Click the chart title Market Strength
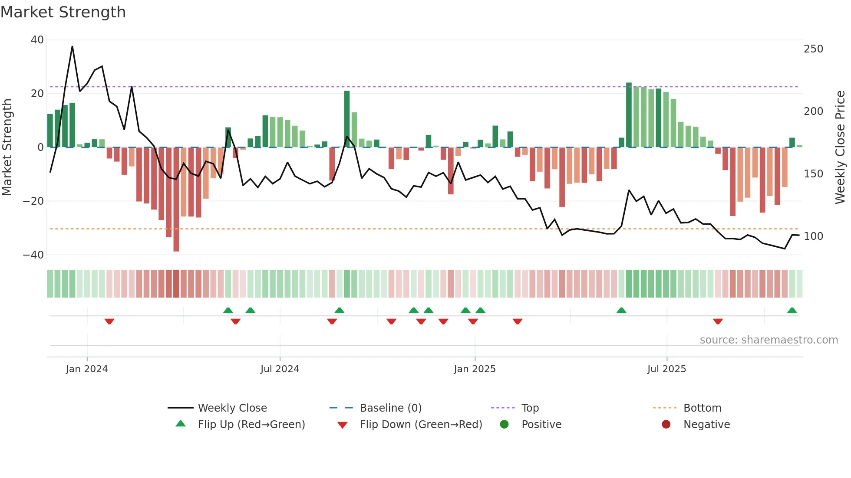63,12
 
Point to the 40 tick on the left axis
37,40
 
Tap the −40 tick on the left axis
33,255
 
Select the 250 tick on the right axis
813,49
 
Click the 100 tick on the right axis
813,236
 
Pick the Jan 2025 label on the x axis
475,369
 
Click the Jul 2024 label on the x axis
280,369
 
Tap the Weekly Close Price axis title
840,147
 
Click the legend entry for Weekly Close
232,408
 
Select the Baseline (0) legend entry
390,408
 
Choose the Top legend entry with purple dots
530,408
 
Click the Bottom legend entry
702,408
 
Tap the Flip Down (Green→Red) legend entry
420,425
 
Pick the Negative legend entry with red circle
706,425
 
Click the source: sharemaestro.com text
769,340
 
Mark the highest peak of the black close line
72,46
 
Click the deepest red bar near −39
176,200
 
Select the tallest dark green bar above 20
629,115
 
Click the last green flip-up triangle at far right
792,311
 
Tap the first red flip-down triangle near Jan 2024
109,321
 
